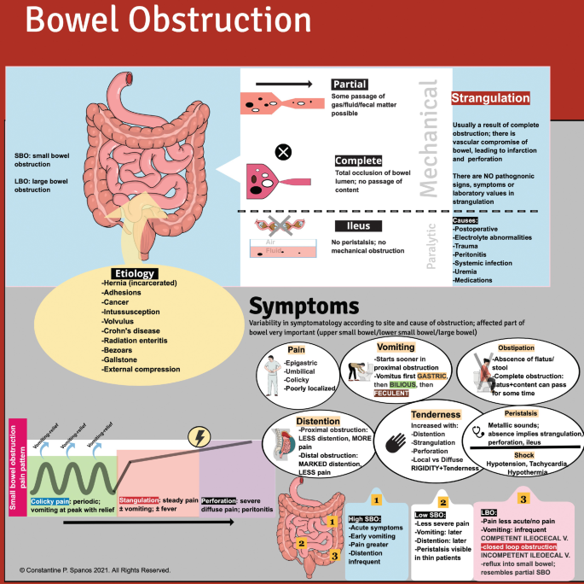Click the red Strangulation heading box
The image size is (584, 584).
pos(490,98)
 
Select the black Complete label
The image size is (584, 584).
pos(358,161)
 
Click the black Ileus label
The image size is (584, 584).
pos(350,226)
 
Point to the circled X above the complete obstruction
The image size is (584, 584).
pos(283,152)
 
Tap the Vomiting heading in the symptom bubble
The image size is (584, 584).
pos(396,347)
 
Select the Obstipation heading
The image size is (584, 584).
pos(517,347)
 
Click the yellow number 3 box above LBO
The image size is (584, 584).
pos(523,498)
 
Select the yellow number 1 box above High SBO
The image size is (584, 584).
pos(374,499)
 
